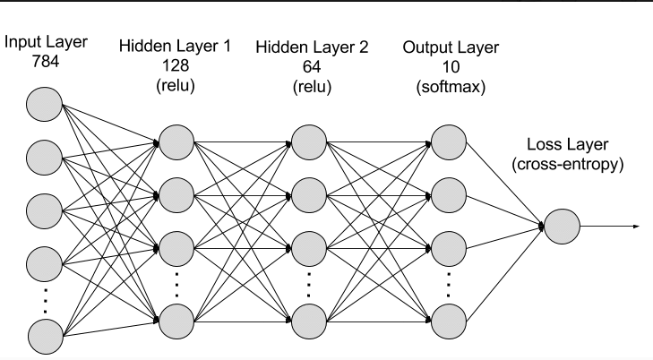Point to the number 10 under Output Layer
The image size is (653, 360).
pyautogui.click(x=451, y=65)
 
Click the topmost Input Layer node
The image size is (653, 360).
pyautogui.click(x=44, y=105)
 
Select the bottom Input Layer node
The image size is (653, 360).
pyautogui.click(x=44, y=337)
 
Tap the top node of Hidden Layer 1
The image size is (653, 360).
pyautogui.click(x=176, y=140)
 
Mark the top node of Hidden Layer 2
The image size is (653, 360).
pyautogui.click(x=308, y=140)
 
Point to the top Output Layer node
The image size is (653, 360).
pyautogui.click(x=448, y=140)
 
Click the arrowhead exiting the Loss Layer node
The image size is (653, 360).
pyautogui.click(x=636, y=226)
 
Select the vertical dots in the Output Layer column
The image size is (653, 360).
pyautogui.click(x=448, y=282)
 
